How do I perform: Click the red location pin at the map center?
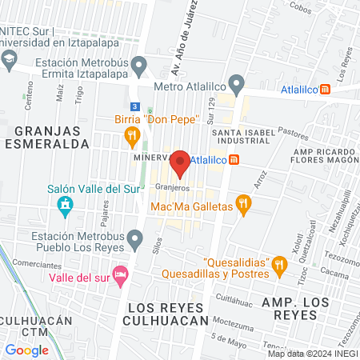point(180,163)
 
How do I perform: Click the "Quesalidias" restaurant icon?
point(278,262)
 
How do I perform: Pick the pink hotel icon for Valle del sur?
point(120,274)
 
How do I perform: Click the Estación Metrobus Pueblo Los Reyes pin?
point(136,238)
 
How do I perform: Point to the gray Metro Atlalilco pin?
point(236,82)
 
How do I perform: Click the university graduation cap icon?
point(9,58)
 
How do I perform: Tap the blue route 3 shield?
point(135,106)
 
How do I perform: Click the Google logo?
point(26,350)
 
